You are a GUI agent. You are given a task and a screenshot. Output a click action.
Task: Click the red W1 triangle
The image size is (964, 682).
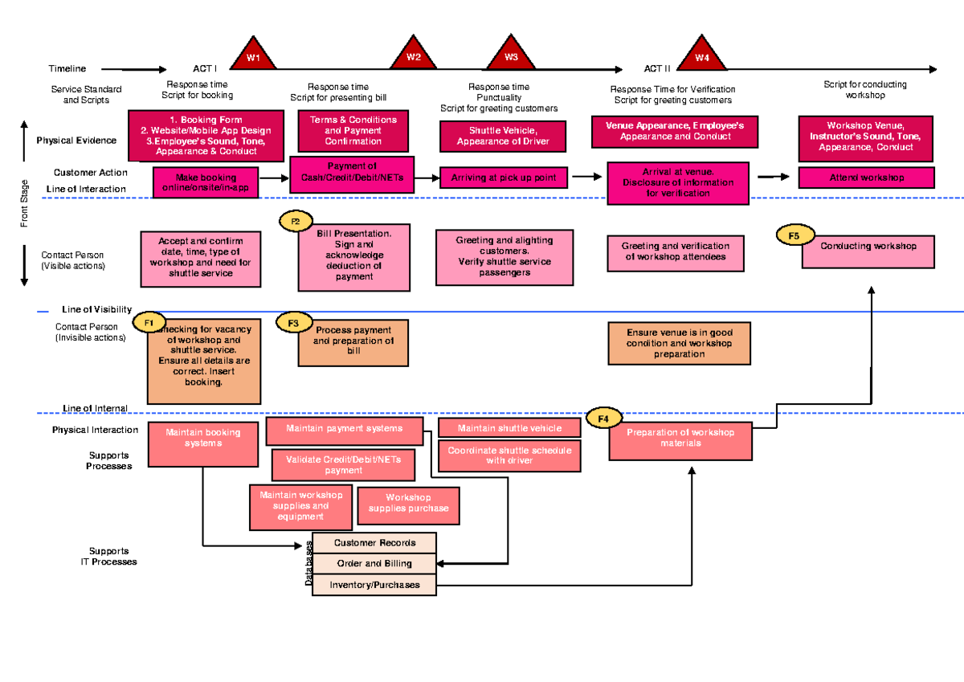(253, 55)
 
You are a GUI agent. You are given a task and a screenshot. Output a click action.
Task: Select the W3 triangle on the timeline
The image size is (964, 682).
(511, 55)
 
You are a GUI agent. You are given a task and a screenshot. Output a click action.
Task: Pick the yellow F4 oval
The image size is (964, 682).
(603, 418)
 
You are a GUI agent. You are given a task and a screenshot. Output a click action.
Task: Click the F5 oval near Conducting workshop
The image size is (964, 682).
(794, 235)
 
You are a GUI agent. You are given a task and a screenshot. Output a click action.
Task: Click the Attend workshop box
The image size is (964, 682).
(866, 178)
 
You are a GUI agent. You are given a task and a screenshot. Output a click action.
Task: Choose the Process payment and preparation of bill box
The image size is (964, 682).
(353, 341)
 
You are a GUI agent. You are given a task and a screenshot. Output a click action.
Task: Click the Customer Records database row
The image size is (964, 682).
(374, 543)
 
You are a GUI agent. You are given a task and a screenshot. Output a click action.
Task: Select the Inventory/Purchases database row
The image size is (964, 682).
(374, 585)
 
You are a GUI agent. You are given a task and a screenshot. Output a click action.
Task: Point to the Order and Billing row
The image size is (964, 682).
(374, 564)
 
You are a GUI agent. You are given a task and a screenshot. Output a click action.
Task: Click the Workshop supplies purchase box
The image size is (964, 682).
(408, 504)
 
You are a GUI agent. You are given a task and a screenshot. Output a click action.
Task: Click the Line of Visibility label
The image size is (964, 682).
(96, 310)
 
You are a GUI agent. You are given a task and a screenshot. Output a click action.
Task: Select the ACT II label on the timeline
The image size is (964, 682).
(657, 69)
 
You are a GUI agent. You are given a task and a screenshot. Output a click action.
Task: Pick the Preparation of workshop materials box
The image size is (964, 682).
(680, 439)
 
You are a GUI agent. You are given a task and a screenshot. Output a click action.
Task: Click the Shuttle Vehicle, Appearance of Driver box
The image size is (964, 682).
(503, 137)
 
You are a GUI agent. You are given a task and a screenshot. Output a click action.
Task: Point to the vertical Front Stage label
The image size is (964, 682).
(26, 203)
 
